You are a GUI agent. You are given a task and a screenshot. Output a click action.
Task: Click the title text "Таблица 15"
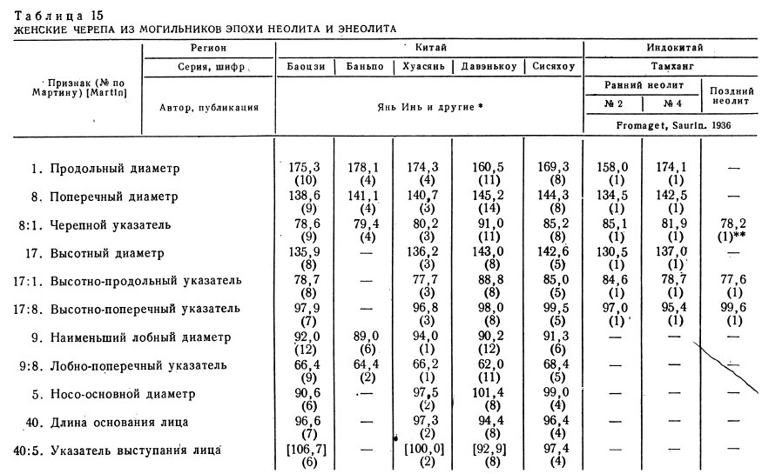point(49,15)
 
